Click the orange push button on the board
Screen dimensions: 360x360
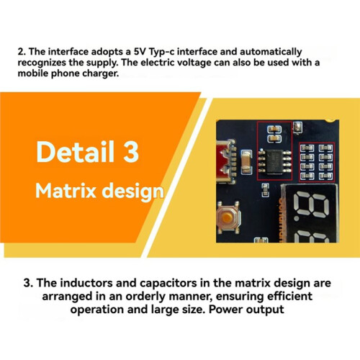tap(227, 217)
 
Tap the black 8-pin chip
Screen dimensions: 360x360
tap(275, 161)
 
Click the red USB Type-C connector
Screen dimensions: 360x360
tap(225, 161)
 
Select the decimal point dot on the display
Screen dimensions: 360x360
tap(297, 218)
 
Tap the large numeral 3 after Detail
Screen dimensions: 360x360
tap(131, 152)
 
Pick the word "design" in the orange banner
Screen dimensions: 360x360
tap(132, 192)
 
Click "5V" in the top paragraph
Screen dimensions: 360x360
tap(140, 52)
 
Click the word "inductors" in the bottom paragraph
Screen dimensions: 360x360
tap(86, 283)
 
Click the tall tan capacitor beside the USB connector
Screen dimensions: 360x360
tap(246, 161)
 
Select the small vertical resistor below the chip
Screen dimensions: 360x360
tap(265, 189)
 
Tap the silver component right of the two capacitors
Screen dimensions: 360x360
tap(298, 127)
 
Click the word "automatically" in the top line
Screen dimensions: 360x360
tap(271, 53)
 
